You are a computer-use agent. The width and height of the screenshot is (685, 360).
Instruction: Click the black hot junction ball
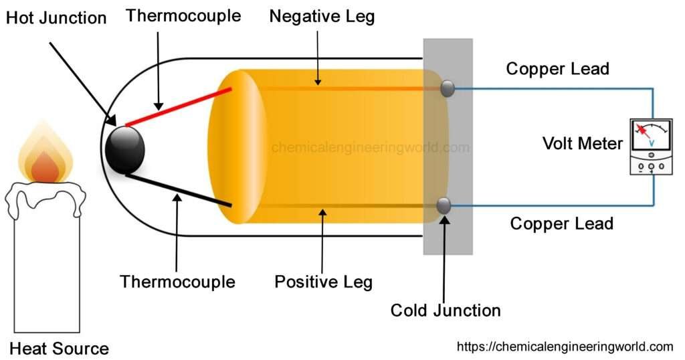(x=125, y=149)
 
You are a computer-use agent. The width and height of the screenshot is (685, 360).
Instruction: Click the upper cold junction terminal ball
(x=447, y=88)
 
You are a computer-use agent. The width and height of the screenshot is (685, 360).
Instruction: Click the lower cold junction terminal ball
(x=444, y=206)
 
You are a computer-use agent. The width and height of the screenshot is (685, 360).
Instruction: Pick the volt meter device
(x=651, y=147)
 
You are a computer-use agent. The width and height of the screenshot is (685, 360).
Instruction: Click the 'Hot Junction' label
(x=56, y=18)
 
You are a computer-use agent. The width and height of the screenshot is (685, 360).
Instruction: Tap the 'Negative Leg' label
(x=322, y=17)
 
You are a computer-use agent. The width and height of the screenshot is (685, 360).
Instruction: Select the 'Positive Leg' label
(x=323, y=282)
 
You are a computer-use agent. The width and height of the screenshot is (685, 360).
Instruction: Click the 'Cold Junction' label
(x=446, y=310)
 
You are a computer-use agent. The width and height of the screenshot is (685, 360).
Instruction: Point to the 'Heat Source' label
(x=59, y=348)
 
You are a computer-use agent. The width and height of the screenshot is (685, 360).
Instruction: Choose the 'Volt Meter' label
(x=582, y=143)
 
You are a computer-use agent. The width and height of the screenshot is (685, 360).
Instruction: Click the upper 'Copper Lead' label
(x=557, y=68)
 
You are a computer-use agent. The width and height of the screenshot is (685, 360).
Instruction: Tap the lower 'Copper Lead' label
(x=561, y=223)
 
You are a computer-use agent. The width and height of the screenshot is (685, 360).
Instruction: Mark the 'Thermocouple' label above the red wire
(x=183, y=15)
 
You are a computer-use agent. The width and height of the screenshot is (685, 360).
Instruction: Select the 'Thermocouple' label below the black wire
(x=177, y=282)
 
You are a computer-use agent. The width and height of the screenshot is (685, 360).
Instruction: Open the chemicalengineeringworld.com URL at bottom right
(x=565, y=346)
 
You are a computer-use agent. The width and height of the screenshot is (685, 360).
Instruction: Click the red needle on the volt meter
(x=644, y=130)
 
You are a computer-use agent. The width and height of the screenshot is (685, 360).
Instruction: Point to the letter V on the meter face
(x=652, y=143)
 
